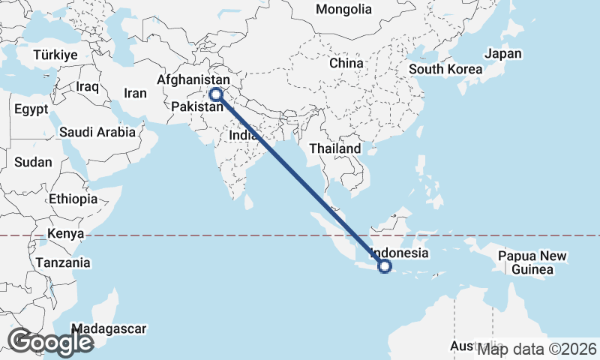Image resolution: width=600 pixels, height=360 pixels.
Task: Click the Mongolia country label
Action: [x=343, y=10]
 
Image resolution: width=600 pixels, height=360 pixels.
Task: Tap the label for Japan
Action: [x=502, y=54]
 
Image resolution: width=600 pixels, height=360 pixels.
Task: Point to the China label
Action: [x=346, y=63]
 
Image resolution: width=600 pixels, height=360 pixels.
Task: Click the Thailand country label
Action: [x=335, y=148]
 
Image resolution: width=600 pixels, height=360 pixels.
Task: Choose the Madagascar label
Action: [x=109, y=328]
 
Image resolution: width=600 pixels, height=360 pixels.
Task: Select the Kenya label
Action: [x=64, y=234]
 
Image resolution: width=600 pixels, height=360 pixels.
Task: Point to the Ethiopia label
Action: [x=73, y=199]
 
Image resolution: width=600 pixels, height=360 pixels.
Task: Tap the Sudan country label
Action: [x=33, y=162]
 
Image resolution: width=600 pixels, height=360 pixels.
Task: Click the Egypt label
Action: [x=31, y=109]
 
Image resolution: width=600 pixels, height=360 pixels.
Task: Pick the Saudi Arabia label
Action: [x=98, y=132]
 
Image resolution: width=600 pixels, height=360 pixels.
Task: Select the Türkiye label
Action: [x=55, y=55]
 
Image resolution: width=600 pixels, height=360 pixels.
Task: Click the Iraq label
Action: [x=88, y=87]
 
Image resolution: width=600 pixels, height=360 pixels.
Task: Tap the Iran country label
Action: [x=135, y=94]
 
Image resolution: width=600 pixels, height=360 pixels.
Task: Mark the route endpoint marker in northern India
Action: [x=216, y=94]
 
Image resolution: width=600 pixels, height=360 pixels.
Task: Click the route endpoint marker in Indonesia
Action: [x=385, y=266]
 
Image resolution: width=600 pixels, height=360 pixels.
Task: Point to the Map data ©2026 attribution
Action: [x=537, y=349]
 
